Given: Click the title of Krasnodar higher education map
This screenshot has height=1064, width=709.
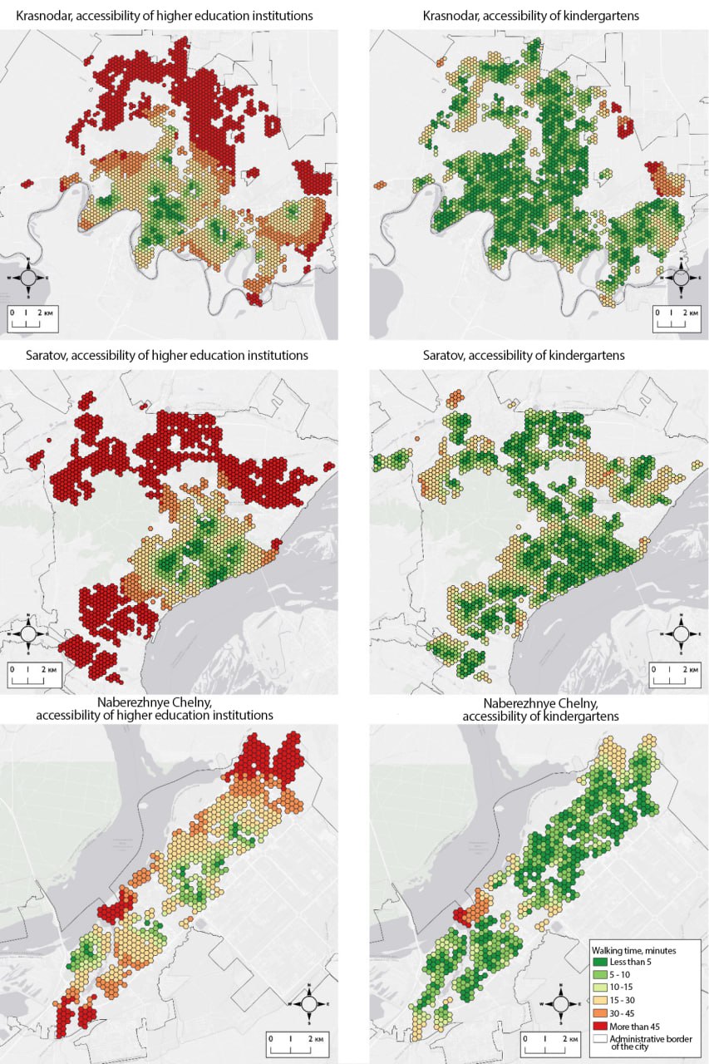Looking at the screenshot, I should [157, 16].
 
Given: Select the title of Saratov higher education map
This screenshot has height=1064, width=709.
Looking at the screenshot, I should [158, 355].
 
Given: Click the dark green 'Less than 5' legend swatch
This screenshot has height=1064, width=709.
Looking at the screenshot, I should [599, 962].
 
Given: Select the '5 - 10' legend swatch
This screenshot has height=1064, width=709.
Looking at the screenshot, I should [599, 974].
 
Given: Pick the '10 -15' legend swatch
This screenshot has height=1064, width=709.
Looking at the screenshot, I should [599, 988].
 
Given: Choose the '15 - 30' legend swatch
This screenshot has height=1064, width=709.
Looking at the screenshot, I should [599, 1000].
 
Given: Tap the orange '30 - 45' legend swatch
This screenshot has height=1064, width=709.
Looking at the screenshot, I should [599, 1013].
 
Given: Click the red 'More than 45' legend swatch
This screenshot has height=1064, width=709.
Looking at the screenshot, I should [599, 1026].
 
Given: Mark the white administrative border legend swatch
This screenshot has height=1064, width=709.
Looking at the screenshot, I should [599, 1039].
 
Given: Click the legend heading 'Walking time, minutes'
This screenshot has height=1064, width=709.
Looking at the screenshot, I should [633, 949].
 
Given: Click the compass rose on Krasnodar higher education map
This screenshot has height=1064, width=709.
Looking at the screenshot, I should [27, 277].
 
